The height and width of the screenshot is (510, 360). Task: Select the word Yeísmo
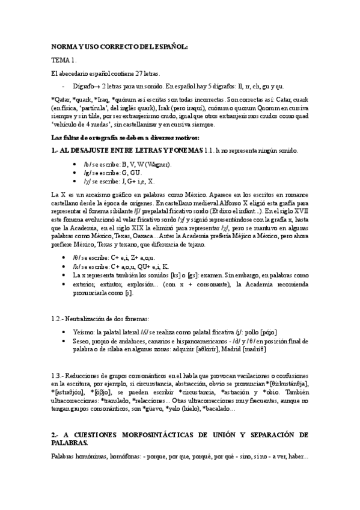[x=84, y=332]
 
